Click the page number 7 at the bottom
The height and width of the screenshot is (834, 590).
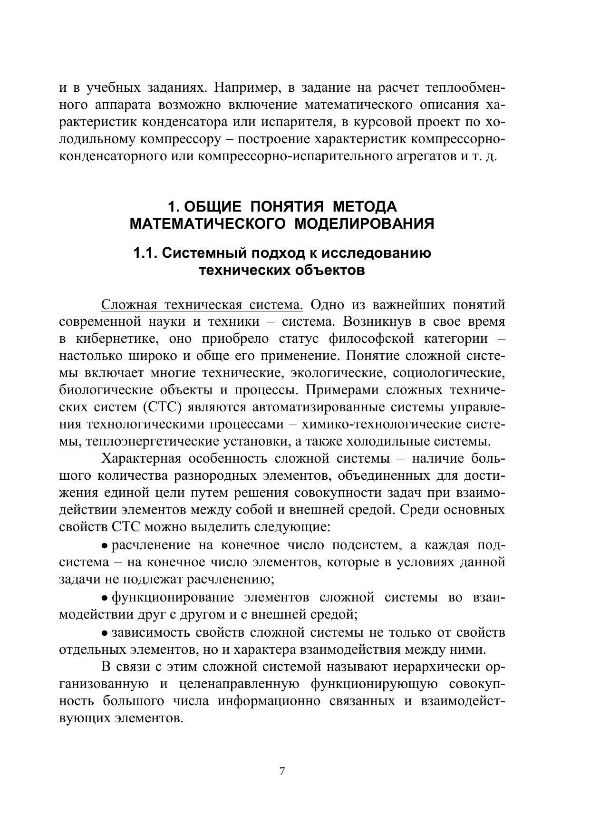point(282,771)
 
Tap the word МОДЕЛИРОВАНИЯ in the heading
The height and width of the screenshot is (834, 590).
point(365,224)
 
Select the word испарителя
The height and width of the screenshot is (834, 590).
point(298,122)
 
